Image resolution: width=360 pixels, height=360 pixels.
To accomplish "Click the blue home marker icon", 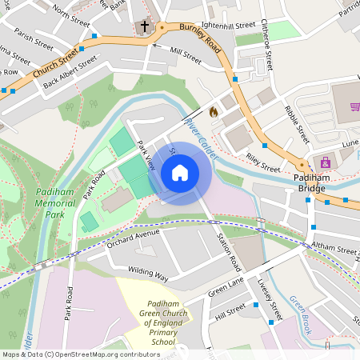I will (180, 172).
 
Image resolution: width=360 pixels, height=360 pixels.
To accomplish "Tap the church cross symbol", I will (145, 27).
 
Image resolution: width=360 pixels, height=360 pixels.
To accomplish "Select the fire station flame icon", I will (213, 112).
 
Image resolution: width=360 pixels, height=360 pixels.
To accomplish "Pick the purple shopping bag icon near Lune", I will (325, 162).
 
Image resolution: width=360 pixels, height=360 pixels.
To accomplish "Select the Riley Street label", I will (263, 163).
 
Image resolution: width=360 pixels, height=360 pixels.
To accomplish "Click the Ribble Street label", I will (297, 122).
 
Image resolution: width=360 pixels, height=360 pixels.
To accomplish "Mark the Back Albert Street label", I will (70, 71).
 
